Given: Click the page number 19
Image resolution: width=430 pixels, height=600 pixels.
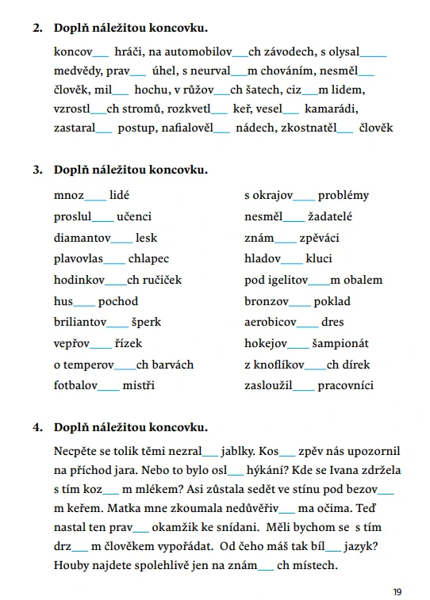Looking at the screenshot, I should click(397, 591).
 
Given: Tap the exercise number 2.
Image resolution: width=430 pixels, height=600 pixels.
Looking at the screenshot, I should click(37, 29).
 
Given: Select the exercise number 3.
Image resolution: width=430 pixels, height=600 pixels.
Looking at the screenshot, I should click(37, 170).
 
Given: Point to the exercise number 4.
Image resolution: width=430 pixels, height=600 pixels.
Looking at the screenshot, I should click(37, 428).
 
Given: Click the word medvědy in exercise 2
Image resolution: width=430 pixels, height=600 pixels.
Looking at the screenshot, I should click(76, 71).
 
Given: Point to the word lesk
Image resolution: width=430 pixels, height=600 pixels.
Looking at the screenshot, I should click(146, 237).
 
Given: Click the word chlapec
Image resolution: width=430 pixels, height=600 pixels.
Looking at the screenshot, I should click(148, 258).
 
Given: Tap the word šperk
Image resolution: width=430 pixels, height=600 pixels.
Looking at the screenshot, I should click(146, 323).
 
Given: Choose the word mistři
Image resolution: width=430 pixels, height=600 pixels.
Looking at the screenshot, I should click(139, 386).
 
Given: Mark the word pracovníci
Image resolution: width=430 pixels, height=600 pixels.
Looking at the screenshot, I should click(345, 386).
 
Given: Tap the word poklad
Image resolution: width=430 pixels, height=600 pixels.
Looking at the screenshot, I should click(332, 301).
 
